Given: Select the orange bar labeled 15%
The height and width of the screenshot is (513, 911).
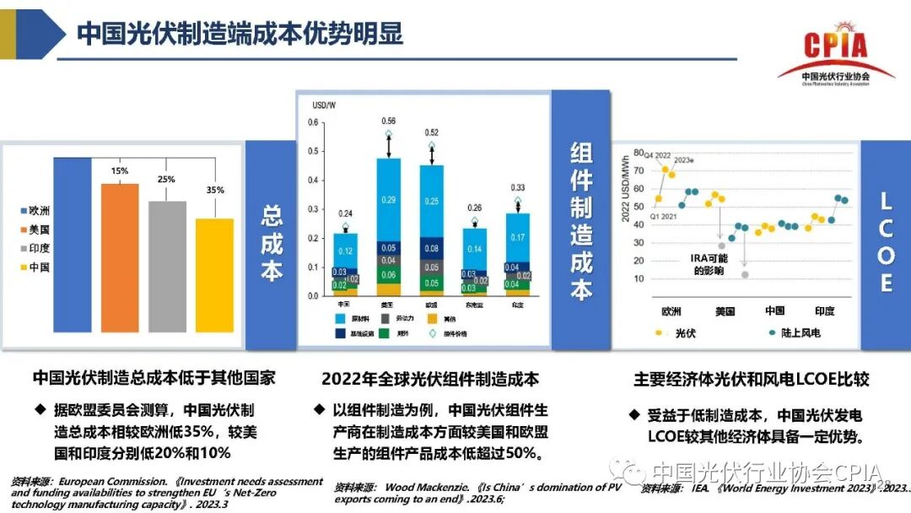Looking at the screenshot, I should [x=120, y=257].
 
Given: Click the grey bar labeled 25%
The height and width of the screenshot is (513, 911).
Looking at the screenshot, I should [x=167, y=266].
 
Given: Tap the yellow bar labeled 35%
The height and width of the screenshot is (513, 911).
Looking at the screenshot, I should [x=214, y=274].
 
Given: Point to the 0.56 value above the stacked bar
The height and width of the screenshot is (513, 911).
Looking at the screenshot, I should [x=388, y=121].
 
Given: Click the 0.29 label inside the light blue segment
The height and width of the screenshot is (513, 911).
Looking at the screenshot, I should [x=388, y=200].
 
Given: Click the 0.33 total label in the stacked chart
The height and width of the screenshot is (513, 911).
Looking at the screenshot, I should [x=518, y=187].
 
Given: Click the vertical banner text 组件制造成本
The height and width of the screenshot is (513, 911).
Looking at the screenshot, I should [x=581, y=221].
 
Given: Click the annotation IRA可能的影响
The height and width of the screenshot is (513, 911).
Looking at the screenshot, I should [x=709, y=263].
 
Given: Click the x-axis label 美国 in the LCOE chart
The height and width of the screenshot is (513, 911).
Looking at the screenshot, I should [x=725, y=310].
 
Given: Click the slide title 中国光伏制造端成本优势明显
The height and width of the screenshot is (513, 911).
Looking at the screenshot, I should [x=240, y=35].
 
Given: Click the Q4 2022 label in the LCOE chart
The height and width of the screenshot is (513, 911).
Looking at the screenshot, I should [x=657, y=155].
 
